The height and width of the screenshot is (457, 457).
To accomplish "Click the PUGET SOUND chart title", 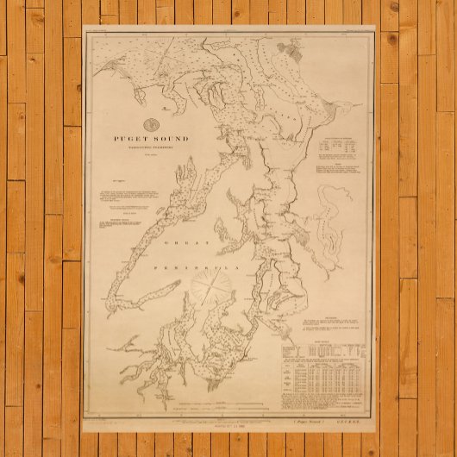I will coord(150,138).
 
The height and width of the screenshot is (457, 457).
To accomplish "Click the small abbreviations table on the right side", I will coord(337,147).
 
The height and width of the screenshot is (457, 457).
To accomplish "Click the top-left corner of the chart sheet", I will coord(84,34).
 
